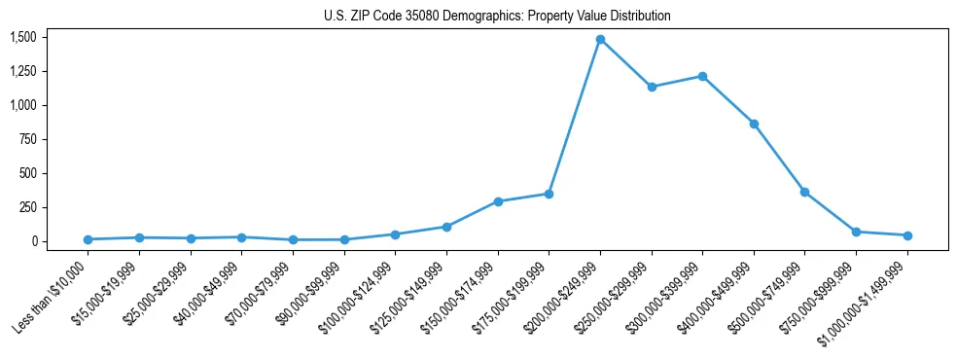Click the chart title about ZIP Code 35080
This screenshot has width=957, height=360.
tap(497, 17)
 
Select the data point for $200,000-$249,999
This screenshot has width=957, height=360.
tap(600, 40)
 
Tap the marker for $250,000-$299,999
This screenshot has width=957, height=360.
tap(652, 87)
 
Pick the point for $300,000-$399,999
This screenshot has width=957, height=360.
tap(702, 76)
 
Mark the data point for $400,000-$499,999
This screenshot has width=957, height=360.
tap(754, 124)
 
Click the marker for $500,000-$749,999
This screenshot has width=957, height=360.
tap(804, 192)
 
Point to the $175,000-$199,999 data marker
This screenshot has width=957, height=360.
tap(549, 194)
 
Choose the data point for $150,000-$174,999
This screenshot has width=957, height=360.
tap(498, 201)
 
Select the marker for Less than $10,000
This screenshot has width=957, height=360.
tap(89, 239)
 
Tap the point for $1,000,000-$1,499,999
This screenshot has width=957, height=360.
tap(907, 235)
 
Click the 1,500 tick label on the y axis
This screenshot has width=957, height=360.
tap(23, 37)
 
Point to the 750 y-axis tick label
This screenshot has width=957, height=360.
tap(28, 139)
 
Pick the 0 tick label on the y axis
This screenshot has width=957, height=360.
tap(34, 241)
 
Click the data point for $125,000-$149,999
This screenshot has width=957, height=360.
tap(446, 227)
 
